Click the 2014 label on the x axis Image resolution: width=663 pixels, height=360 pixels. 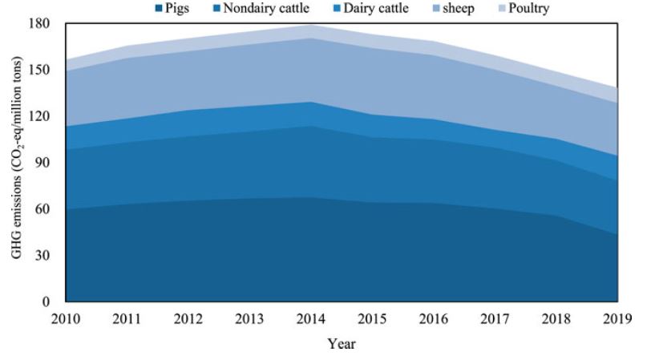click(x=310, y=319)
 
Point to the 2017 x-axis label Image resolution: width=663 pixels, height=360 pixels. click(x=495, y=319)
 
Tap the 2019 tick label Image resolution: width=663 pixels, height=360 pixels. click(x=617, y=319)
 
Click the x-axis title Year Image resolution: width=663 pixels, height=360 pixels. click(x=342, y=344)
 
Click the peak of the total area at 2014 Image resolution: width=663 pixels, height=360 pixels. click(x=310, y=25)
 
